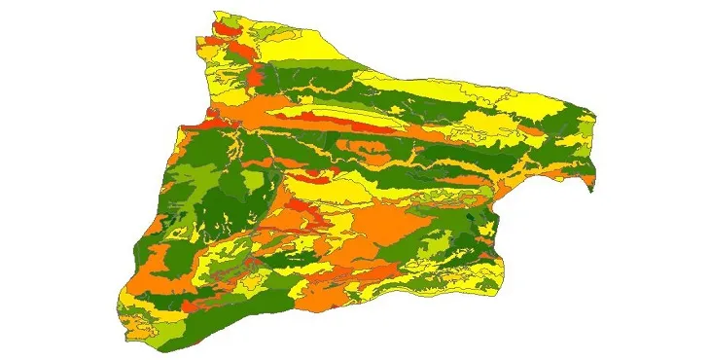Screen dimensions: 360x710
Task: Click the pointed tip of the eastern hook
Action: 589,191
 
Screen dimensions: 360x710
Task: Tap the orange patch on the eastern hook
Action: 581,176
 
